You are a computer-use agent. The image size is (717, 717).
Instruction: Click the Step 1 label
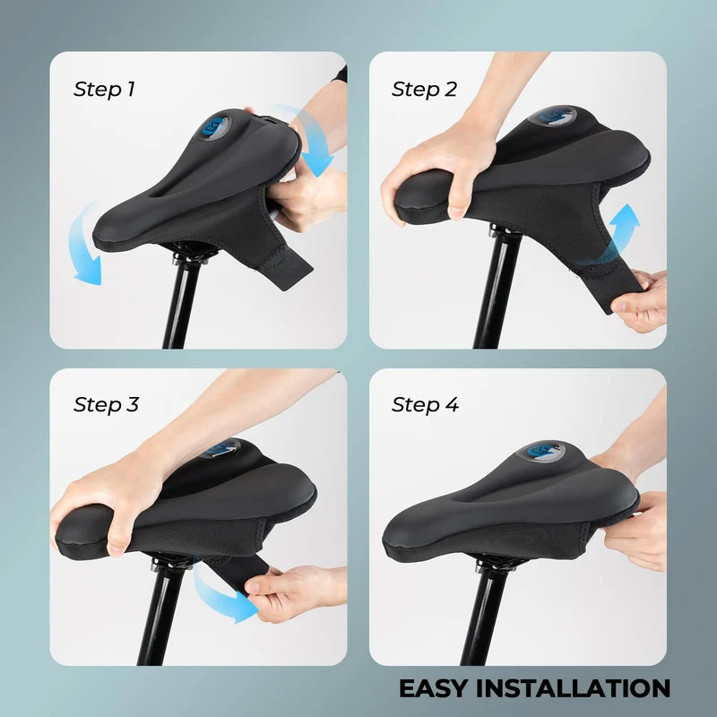click(x=104, y=89)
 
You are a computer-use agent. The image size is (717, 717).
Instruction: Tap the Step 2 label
click(x=424, y=89)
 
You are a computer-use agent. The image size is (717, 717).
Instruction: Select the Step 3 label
click(x=106, y=405)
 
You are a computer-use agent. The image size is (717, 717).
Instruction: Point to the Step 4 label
click(x=425, y=405)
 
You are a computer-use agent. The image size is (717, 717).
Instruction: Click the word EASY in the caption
click(x=434, y=688)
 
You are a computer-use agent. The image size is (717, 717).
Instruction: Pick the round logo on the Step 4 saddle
click(x=541, y=451)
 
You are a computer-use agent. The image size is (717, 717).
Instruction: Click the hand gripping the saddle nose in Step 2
click(x=439, y=174)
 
